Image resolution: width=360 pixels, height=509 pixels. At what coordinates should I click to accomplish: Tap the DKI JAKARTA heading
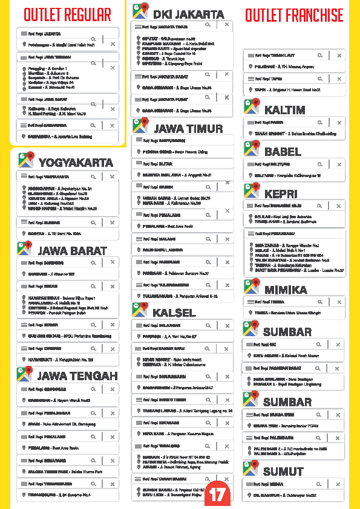click(188, 13)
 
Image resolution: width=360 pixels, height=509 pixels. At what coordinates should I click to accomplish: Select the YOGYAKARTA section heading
click(76, 163)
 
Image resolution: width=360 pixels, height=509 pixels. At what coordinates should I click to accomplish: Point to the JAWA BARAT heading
click(72, 250)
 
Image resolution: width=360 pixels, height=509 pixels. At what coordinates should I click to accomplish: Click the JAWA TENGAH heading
click(77, 376)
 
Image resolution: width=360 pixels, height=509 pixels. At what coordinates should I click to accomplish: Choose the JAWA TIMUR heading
click(188, 128)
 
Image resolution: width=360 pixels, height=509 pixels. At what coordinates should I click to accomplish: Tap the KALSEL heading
click(174, 313)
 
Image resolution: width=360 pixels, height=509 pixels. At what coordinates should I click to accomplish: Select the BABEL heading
click(283, 152)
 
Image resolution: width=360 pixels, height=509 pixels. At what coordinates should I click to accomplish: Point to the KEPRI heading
click(281, 193)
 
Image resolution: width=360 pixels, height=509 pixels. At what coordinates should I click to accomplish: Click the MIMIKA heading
click(286, 290)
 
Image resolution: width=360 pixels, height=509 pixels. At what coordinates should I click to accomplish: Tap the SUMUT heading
click(283, 471)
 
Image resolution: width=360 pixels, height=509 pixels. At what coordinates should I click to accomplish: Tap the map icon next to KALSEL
click(140, 311)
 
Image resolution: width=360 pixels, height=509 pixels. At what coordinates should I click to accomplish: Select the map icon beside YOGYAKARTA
click(25, 161)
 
